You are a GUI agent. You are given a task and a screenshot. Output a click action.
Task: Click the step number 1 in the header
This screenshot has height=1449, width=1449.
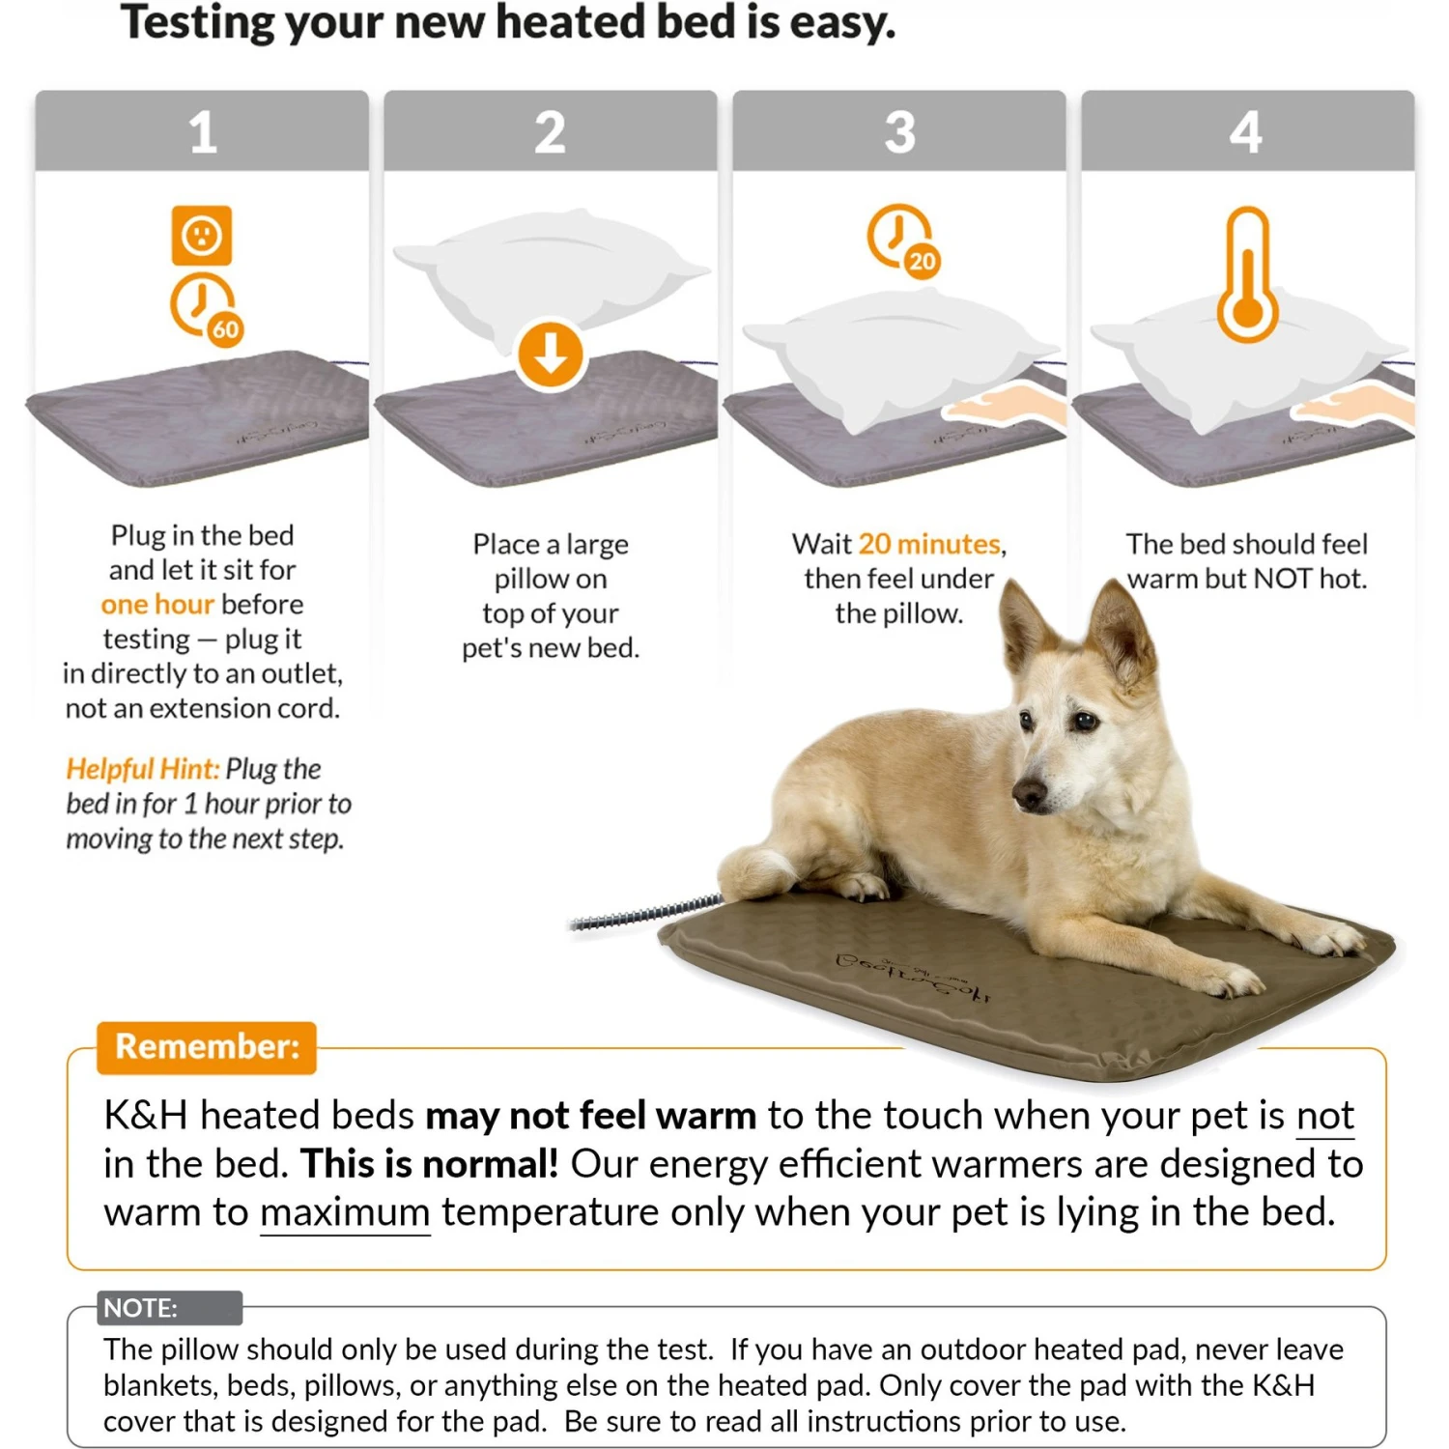tap(202, 132)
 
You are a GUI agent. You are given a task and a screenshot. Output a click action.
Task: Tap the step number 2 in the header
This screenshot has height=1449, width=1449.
tap(550, 132)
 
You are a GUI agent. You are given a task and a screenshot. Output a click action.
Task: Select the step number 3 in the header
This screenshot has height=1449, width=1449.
tap(899, 132)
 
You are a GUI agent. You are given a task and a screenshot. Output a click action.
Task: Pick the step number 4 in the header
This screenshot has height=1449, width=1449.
tap(1246, 132)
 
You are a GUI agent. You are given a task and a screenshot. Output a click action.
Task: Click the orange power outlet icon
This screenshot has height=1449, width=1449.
tap(202, 235)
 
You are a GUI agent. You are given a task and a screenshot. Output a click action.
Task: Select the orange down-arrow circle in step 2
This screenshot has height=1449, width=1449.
tap(550, 355)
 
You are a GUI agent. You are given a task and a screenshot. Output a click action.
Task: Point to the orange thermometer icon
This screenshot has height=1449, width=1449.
tap(1247, 276)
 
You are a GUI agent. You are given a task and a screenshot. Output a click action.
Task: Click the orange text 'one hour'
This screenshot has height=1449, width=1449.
tap(157, 605)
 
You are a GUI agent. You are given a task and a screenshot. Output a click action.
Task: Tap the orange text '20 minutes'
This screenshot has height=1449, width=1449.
tap(929, 544)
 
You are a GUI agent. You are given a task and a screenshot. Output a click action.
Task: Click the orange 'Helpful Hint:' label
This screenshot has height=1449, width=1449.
tap(142, 769)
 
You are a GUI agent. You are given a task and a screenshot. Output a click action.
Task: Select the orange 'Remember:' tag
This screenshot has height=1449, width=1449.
tap(207, 1047)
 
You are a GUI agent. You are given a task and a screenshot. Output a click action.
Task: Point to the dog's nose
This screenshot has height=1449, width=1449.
tap(1028, 794)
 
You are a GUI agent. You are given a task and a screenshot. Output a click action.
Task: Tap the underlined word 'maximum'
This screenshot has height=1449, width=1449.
tap(345, 1212)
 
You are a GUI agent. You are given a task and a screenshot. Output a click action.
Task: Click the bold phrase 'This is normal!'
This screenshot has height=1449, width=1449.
tap(429, 1164)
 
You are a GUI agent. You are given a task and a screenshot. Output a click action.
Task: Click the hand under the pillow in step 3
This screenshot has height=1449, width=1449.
tap(1005, 404)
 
